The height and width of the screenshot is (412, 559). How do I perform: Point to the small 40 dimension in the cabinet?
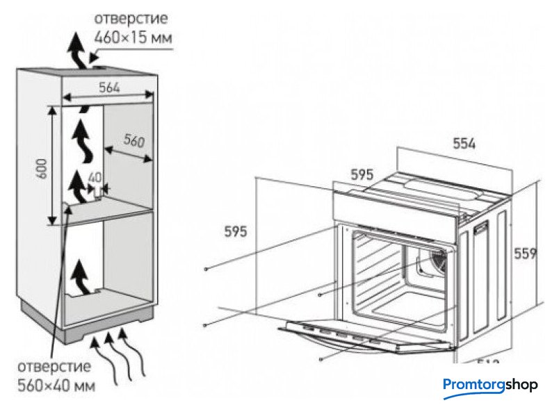click(x=96, y=177)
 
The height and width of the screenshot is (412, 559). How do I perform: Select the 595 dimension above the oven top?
click(x=362, y=176)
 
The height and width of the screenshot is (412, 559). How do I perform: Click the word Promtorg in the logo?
click(x=476, y=384)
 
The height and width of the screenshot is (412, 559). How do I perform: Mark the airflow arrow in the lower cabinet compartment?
click(x=82, y=274)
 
